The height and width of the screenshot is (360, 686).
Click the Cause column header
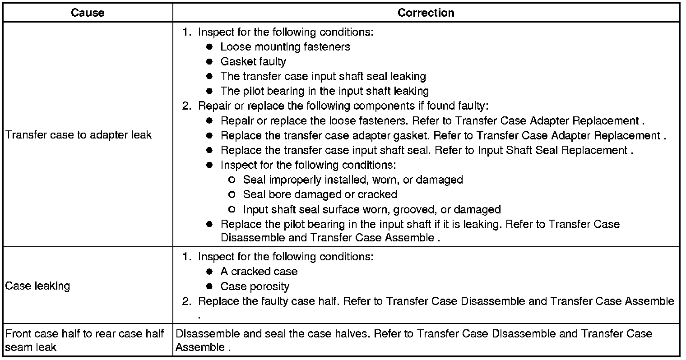coord(88,13)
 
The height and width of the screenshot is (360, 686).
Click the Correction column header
coord(426,13)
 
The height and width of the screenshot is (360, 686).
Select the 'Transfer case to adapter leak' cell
coord(78,135)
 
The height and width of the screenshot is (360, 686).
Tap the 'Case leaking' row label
coord(37,286)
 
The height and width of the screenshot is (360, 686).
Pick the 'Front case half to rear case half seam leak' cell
coord(84,340)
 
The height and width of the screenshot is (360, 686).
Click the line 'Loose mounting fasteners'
coord(285,47)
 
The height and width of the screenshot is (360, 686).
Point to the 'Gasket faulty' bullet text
coord(253,61)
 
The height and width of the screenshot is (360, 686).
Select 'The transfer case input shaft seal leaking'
coord(323,76)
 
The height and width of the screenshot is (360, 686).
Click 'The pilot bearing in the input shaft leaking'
coord(324,91)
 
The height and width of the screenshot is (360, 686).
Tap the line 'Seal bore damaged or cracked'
coord(320,194)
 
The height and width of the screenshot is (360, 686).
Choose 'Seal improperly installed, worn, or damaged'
coord(352,180)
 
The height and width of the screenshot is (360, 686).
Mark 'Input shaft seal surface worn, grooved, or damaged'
coord(371,209)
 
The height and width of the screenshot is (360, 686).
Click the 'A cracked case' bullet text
coord(259,272)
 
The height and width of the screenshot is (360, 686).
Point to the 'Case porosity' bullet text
coord(255,286)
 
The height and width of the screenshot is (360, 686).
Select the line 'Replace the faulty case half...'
coord(436,301)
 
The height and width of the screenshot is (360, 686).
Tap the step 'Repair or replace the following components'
coord(343,106)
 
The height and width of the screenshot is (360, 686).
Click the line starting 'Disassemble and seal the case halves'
coord(413,334)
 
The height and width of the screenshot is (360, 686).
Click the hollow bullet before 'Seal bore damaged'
coord(232,194)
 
